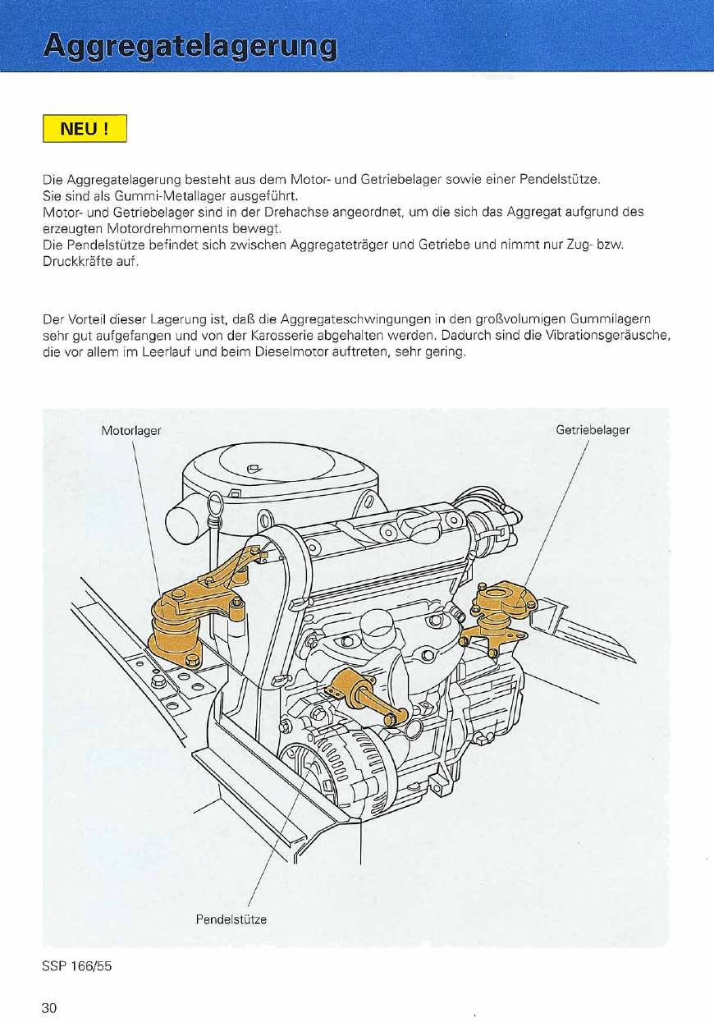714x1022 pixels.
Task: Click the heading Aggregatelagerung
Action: pos(190,47)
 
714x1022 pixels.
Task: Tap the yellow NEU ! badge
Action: pos(85,129)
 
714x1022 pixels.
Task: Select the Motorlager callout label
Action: pos(131,431)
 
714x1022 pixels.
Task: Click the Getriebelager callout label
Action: pos(593,430)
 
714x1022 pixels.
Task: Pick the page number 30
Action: pos(48,1007)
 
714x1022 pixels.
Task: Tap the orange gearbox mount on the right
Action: pos(500,616)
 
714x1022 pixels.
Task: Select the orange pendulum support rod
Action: pos(365,696)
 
